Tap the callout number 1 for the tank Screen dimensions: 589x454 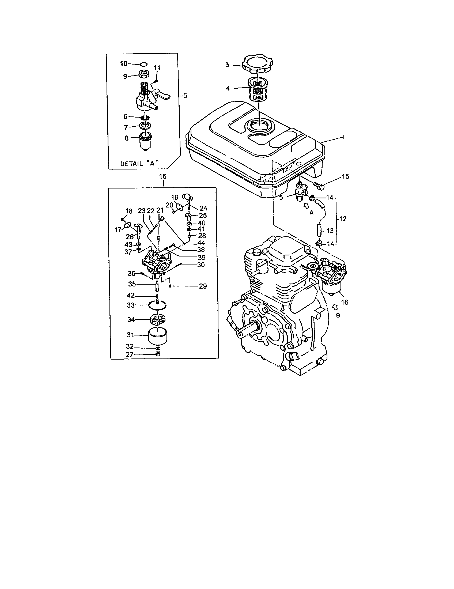344,137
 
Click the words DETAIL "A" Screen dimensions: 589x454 139,163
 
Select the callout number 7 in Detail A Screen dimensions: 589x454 126,127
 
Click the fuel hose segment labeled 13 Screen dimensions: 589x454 320,231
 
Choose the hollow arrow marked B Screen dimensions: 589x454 335,307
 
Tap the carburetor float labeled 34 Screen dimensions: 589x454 158,319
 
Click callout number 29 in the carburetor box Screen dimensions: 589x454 203,286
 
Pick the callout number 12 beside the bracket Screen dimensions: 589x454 343,219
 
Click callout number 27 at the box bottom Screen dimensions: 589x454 129,355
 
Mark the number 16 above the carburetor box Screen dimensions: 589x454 163,176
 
